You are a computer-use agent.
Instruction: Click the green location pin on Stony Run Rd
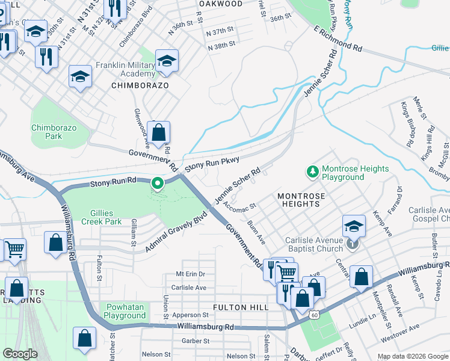tap(158, 183)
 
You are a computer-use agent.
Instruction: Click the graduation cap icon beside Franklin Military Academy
tap(167, 61)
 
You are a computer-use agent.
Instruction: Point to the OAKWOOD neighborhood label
tap(222, 4)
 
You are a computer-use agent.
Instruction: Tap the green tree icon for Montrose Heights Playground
tap(312, 173)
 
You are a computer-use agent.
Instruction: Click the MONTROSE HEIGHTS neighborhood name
tap(301, 200)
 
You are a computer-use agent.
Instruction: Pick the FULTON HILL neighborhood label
tap(241, 307)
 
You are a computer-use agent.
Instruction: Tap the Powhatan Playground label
tap(125, 311)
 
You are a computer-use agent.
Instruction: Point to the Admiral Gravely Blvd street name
tap(175, 231)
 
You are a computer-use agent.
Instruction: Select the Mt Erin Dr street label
tap(190, 274)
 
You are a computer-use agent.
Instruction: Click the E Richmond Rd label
tap(337, 38)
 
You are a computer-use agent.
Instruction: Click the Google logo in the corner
tap(20, 354)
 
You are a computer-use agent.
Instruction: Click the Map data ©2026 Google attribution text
tap(412, 356)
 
